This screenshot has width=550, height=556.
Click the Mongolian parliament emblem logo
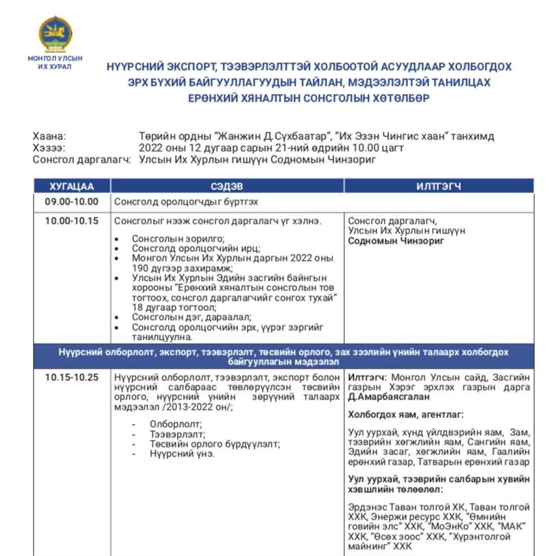(x=55, y=34)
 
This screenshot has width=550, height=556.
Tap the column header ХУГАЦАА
(x=71, y=186)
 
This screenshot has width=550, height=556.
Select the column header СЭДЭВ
(x=227, y=186)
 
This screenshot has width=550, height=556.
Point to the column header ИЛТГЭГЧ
(x=438, y=186)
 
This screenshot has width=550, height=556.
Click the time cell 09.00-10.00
(x=71, y=202)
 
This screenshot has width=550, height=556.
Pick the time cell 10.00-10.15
(x=71, y=221)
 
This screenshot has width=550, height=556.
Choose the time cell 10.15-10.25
(x=71, y=377)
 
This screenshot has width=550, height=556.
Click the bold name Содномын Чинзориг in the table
(x=396, y=241)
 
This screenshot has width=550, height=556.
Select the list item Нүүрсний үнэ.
(x=182, y=454)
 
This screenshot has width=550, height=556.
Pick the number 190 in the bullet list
(x=141, y=268)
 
